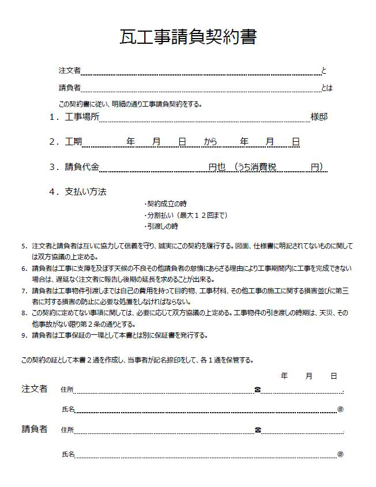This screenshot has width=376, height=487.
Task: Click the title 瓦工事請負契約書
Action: [x=188, y=36]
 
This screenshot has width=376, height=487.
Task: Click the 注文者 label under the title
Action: [x=69, y=70]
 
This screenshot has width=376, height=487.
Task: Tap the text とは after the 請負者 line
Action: [x=327, y=88]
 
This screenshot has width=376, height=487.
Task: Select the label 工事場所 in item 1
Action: [x=82, y=117]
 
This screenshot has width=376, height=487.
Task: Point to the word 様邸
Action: [x=319, y=117]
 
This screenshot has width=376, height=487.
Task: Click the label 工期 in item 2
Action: [x=74, y=141]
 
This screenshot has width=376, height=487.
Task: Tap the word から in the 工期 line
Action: [x=210, y=141]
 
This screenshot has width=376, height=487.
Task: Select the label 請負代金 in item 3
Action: [x=82, y=167]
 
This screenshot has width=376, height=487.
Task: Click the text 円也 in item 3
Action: [x=217, y=167]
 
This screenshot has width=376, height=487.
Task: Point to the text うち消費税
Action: [x=255, y=167]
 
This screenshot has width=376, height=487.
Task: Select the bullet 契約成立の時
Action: [x=166, y=204]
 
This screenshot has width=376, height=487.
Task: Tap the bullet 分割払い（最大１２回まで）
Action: [x=186, y=216]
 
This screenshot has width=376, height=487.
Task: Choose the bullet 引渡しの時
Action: [x=162, y=226]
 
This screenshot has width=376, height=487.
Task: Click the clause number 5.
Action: [x=24, y=246]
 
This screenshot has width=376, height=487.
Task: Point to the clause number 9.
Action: [x=24, y=335]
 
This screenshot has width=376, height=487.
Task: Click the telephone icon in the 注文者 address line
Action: [x=257, y=390]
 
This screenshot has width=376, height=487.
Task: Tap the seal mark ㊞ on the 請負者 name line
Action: [x=340, y=454]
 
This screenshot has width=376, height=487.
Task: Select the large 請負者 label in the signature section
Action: [x=35, y=429]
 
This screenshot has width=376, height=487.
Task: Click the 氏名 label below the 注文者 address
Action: [x=68, y=409]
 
